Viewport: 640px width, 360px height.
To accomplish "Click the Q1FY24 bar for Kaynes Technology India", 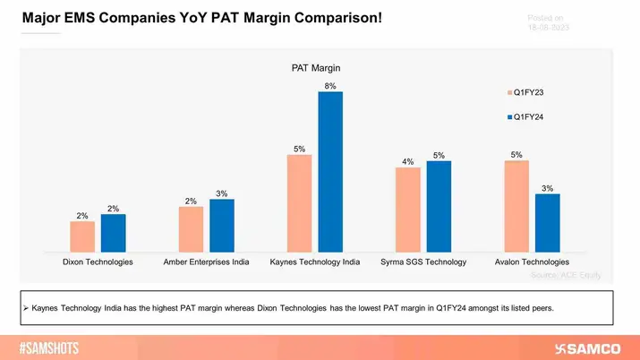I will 330,172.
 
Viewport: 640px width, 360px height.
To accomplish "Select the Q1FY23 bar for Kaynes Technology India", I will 300,204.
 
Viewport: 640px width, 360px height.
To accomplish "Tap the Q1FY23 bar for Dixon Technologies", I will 82,237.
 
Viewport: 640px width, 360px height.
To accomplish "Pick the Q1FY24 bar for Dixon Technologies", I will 113,234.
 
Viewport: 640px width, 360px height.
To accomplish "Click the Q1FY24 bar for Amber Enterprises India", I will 221,227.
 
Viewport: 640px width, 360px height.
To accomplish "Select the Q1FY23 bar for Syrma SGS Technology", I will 408,210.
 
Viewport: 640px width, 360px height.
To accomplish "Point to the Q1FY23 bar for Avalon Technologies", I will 516,207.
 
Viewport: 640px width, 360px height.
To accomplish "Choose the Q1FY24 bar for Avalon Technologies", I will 547,224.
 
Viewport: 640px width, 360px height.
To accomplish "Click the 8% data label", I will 330,85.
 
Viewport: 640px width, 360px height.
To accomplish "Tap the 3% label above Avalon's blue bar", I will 547,188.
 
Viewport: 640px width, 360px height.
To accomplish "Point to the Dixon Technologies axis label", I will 98,261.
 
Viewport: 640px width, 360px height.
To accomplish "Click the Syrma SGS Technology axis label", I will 423,261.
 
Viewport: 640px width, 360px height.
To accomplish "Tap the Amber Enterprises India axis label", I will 206,261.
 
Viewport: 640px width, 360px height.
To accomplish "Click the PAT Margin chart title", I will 315,67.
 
